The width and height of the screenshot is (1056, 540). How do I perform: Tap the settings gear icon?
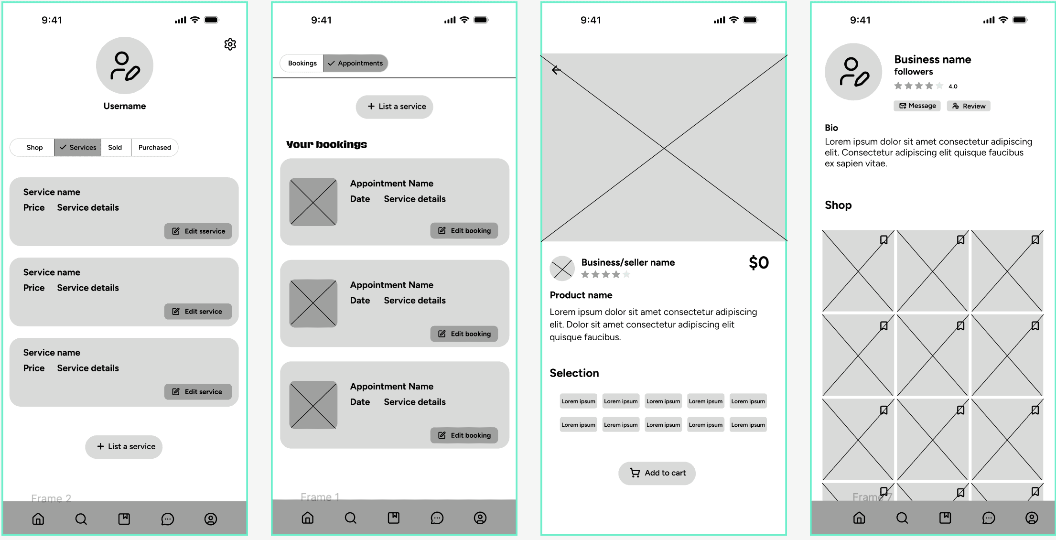click(x=230, y=44)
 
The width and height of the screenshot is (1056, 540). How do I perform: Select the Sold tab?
click(x=115, y=148)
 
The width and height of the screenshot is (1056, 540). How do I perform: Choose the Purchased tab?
click(x=154, y=148)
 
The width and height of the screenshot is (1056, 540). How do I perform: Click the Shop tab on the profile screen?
click(x=34, y=148)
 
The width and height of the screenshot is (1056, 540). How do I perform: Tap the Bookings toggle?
click(x=302, y=63)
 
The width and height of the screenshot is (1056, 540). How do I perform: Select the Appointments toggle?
click(x=356, y=63)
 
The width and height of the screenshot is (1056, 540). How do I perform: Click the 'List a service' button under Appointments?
click(x=395, y=107)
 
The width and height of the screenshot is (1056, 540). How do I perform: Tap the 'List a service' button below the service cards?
click(x=124, y=447)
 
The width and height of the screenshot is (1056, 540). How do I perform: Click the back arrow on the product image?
click(x=556, y=70)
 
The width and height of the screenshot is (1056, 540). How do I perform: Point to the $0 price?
click(x=759, y=263)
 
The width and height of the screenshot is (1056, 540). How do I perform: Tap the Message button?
click(x=917, y=106)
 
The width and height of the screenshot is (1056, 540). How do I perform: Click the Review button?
click(x=969, y=106)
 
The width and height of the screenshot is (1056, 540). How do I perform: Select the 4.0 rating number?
click(x=953, y=86)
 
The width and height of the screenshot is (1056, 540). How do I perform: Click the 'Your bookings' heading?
click(x=327, y=144)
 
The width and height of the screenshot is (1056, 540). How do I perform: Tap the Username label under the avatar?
click(x=125, y=106)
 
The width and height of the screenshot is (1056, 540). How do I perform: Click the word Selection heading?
click(x=574, y=373)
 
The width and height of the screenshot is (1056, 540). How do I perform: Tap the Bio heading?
click(x=831, y=128)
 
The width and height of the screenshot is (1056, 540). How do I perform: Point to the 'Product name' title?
click(x=581, y=295)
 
